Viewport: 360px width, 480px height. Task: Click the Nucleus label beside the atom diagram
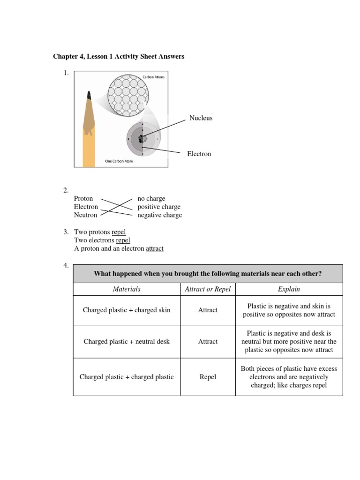pos(201,118)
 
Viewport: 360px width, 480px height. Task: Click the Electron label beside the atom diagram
pos(199,154)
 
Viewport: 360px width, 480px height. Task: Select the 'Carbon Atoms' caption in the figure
pos(153,77)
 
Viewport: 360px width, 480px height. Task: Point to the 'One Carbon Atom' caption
pos(119,162)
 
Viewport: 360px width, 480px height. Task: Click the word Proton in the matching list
pos(83,198)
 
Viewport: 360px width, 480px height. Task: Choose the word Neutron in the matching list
pos(85,215)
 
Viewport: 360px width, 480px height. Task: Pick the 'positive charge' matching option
pos(158,207)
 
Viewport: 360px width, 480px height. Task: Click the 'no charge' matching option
pos(151,198)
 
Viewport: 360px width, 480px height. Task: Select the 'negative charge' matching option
pos(159,215)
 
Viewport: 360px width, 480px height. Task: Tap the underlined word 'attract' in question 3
pos(155,249)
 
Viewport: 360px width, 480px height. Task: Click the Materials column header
pos(127,289)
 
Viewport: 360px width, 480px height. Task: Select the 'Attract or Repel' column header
pos(208,289)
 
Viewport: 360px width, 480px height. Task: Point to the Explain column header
pos(289,289)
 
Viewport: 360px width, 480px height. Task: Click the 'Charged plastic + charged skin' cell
pos(127,310)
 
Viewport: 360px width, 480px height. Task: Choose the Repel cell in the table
pos(208,377)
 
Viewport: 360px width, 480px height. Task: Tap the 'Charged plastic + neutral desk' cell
pos(127,342)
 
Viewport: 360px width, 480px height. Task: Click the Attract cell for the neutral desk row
pos(208,342)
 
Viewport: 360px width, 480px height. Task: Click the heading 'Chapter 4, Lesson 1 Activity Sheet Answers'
pos(119,57)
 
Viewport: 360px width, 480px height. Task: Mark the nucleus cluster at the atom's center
pos(142,139)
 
